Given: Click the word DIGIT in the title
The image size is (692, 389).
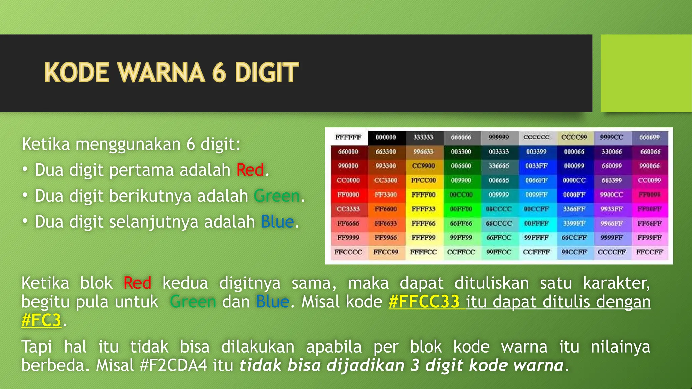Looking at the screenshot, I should tap(267, 73).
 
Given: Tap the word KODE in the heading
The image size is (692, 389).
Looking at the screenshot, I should tap(77, 73).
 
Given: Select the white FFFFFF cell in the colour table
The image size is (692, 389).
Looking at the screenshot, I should tap(348, 137).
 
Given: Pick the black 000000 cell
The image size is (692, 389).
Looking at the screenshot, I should tap(386, 137).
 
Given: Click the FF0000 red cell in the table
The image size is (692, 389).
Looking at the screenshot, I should tap(348, 195).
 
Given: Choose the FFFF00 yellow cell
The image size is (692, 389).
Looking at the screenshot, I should tap(423, 195).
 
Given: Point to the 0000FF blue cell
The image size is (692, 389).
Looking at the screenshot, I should tap(574, 195).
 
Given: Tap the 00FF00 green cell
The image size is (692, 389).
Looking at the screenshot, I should tap(461, 209).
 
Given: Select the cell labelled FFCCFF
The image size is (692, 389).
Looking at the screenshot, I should tap(649, 252).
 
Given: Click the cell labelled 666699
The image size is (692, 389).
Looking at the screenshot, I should tap(649, 137).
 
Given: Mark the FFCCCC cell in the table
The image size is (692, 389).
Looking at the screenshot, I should tap(348, 252).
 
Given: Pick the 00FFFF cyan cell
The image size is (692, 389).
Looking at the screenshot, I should tap(536, 223).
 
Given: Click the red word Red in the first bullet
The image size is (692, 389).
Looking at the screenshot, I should tap(250, 170).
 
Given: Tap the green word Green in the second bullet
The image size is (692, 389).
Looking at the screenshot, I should tap(277, 196).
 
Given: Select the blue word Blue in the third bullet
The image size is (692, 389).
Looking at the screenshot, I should tap(277, 222).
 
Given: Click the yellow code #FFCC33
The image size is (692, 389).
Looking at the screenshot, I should tap(424, 302).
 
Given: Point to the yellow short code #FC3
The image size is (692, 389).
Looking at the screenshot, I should tap(41, 320).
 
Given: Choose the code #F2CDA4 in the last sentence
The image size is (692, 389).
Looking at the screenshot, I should tap(173, 365).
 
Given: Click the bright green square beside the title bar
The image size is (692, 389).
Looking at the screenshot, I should tap(646, 73).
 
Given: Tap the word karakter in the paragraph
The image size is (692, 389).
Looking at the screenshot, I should tap(616, 283).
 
